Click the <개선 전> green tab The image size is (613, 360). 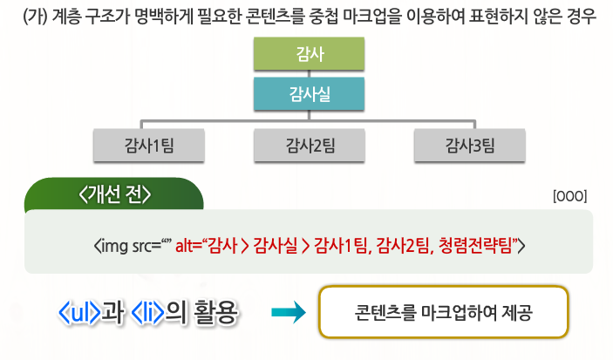pos(114,194)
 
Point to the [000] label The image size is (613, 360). pos(570,196)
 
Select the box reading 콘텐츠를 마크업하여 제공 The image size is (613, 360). pos(444,312)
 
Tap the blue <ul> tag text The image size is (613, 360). pos(79,311)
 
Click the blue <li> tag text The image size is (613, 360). pos(147,311)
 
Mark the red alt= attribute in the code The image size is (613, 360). pos(188,245)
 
